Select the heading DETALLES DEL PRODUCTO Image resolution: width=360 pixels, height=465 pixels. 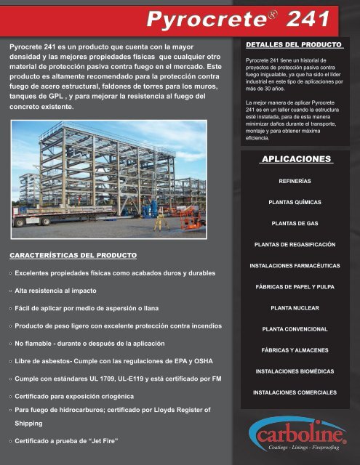pyautogui.click(x=294, y=45)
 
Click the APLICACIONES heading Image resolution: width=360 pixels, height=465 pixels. pyautogui.click(x=295, y=158)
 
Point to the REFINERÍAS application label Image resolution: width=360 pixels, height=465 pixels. pyautogui.click(x=295, y=180)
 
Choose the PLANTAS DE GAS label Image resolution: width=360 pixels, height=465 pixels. pyautogui.click(x=295, y=223)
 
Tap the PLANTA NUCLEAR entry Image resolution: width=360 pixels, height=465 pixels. pyautogui.click(x=295, y=307)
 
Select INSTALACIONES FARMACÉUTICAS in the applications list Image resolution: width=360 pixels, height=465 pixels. pyautogui.click(x=295, y=265)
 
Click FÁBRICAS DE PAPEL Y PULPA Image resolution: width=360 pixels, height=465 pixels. pyautogui.click(x=295, y=286)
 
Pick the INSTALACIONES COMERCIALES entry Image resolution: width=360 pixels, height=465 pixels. pyautogui.click(x=295, y=392)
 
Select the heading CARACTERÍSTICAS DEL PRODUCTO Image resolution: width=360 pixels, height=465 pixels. pyautogui.click(x=71, y=255)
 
